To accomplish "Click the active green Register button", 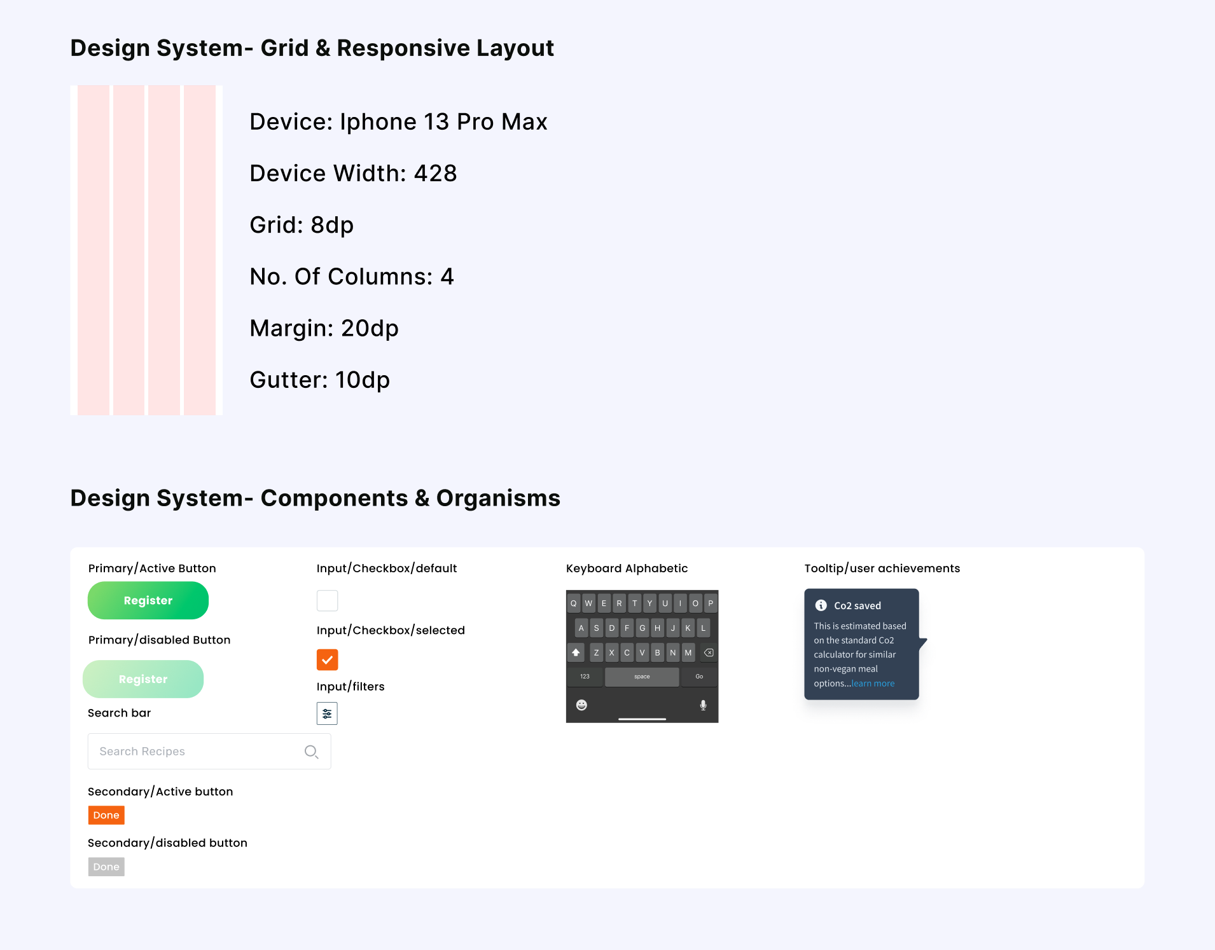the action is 148,600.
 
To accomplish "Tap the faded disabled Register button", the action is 143,679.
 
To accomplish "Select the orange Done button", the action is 106,815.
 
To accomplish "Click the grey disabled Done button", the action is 106,867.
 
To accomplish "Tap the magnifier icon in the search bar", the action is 311,752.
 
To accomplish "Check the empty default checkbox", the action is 327,600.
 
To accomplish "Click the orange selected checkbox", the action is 327,660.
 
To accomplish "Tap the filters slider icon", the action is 327,713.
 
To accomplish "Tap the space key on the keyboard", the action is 642,677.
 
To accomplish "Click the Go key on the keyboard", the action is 699,677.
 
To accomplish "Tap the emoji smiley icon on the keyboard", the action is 581,705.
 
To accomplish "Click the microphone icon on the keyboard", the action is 703,705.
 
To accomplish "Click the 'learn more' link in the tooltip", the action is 873,684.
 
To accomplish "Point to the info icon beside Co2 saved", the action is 821,605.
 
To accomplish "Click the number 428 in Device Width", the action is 436,174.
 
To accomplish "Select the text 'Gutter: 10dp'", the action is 319,380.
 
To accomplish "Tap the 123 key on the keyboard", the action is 585,677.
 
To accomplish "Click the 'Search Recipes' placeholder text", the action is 142,752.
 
